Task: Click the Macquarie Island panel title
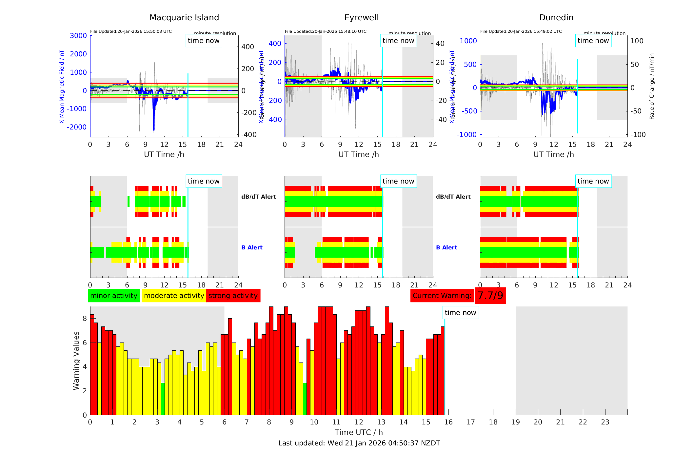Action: pos(184,18)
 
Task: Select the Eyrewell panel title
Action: pos(361,18)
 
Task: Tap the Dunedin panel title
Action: pos(556,18)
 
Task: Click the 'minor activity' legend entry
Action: pos(114,296)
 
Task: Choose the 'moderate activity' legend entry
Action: pos(174,296)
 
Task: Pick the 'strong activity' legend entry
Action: pos(233,296)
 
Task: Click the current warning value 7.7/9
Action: pos(490,296)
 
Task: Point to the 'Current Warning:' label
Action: pos(442,296)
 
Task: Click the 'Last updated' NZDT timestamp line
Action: pos(359,443)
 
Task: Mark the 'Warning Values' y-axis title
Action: pos(76,361)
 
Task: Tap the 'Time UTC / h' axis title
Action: pos(359,432)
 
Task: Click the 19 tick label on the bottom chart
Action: pos(516,422)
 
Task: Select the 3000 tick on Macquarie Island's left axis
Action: pos(78,36)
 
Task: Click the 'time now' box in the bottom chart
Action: pos(460,313)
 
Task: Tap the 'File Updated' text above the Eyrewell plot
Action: pos(326,31)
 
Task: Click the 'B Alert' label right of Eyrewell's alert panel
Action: pos(446,247)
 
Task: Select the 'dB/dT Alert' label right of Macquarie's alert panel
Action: pos(258,197)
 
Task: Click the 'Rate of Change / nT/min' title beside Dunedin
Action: pos(652,86)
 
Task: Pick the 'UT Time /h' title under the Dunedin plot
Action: pos(553,154)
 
